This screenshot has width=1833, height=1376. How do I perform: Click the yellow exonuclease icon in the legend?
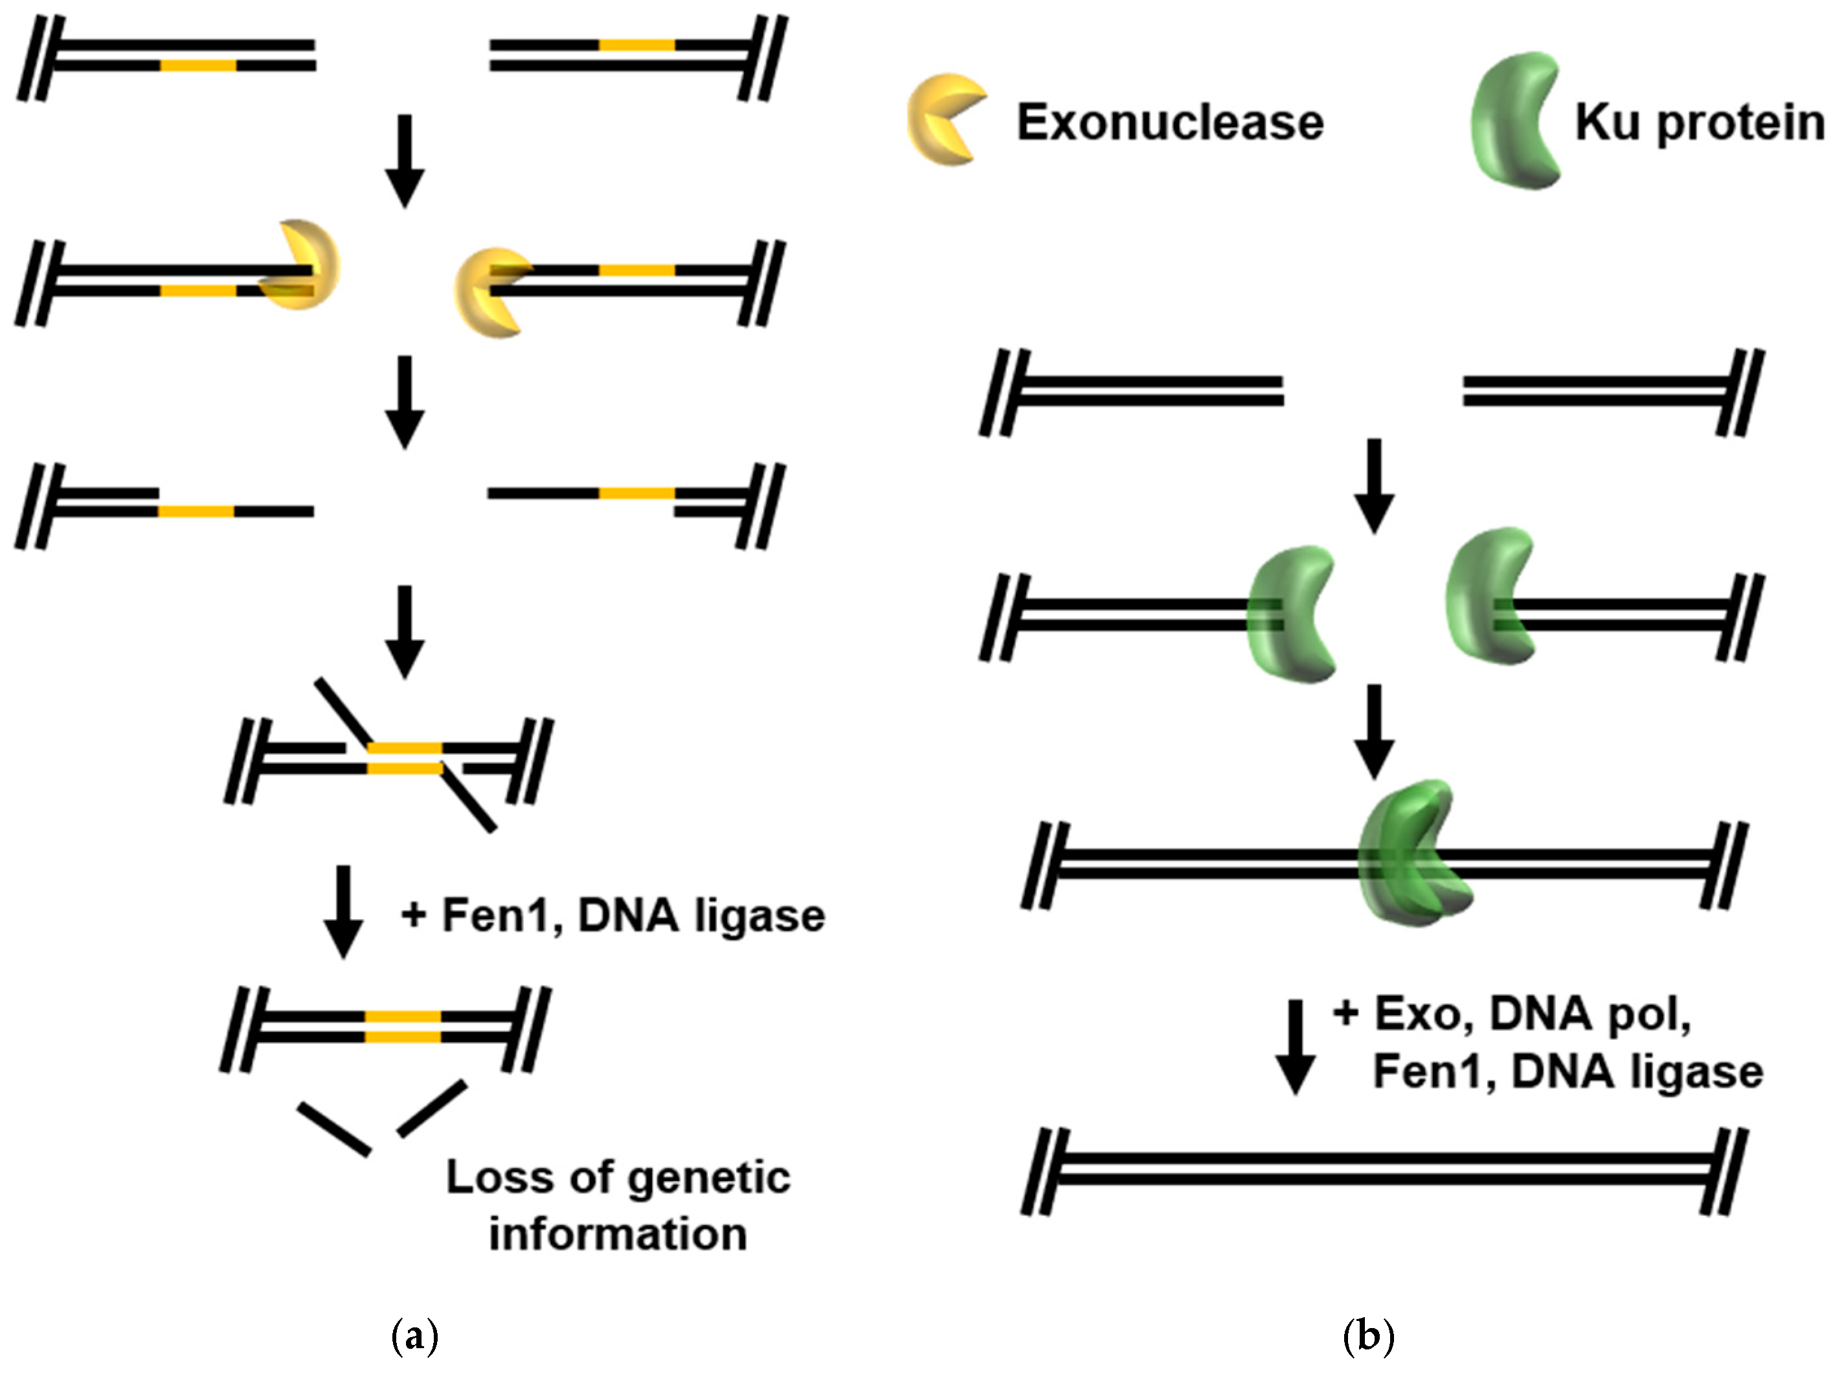[x=943, y=120]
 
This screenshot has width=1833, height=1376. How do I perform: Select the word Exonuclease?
[x=1169, y=122]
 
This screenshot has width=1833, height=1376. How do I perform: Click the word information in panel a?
[x=617, y=1234]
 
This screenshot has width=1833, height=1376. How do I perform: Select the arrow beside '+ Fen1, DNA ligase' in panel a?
[x=343, y=911]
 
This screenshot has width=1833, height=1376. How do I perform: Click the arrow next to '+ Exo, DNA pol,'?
[x=1294, y=1046]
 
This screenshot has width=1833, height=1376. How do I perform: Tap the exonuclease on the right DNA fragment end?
[x=489, y=292]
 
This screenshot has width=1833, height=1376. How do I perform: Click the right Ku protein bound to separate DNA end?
[x=1487, y=597]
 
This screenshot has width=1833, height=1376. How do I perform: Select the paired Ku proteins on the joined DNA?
[x=1413, y=854]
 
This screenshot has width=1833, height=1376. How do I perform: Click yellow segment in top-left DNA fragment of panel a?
[x=197, y=65]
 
